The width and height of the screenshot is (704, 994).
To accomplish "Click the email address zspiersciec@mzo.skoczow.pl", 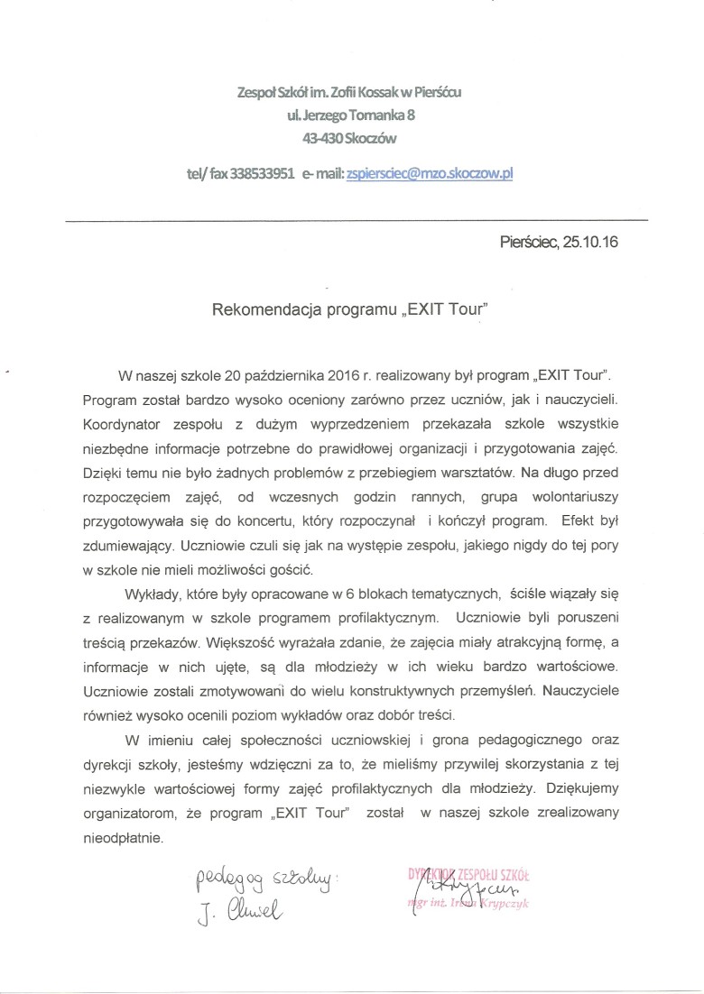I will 430,175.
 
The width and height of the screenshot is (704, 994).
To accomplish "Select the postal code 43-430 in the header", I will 323,138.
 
